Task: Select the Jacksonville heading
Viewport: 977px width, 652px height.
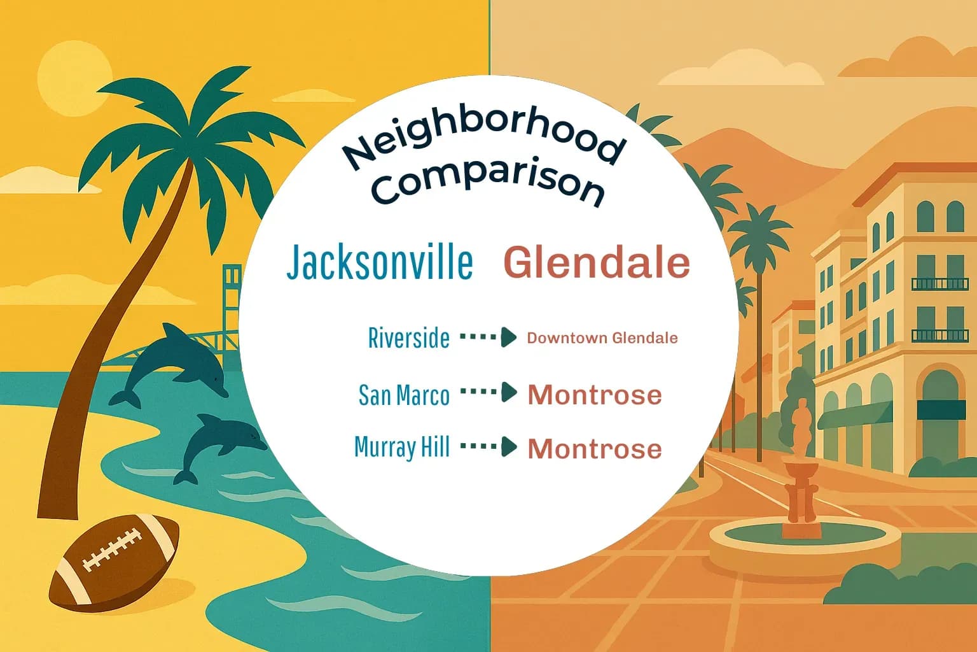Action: pos(380,262)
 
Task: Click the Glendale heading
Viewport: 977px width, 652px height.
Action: pos(597,262)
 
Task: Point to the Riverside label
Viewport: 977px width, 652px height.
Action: pos(408,338)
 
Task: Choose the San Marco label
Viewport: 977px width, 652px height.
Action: pos(404,395)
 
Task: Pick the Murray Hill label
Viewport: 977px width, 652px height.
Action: pos(402,447)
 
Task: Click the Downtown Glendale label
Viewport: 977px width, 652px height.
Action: pos(602,338)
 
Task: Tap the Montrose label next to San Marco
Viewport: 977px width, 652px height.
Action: pos(595,395)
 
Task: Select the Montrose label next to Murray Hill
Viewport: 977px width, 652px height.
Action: pos(595,449)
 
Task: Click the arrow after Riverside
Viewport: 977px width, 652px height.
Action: pos(488,337)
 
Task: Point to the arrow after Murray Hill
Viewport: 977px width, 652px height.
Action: pos(488,447)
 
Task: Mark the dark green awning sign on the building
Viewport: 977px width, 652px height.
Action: pos(937,409)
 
